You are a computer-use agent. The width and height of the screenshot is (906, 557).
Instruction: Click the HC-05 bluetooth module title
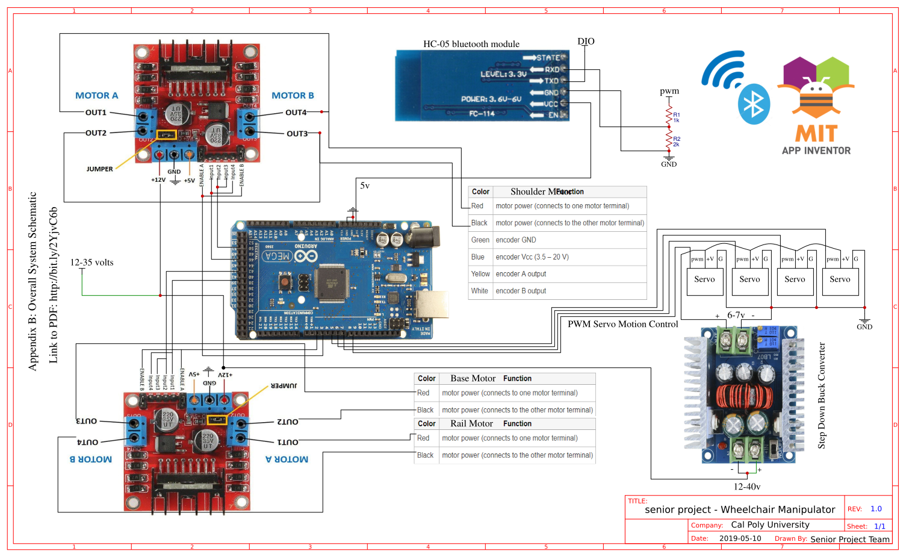coord(471,44)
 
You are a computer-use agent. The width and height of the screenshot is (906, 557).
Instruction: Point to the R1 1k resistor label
coord(677,117)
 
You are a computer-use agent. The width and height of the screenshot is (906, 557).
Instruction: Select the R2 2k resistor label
coord(677,142)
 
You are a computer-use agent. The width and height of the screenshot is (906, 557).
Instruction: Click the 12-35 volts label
coord(92,263)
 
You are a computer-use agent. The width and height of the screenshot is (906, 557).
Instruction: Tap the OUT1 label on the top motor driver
coord(96,113)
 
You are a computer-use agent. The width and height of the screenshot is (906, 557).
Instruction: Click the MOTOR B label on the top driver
coord(293,96)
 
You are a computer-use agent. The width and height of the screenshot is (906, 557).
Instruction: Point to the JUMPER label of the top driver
coord(99,169)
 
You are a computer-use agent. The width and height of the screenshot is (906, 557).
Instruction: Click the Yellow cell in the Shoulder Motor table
coord(480,274)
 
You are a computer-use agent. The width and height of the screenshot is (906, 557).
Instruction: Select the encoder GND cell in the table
coord(515,240)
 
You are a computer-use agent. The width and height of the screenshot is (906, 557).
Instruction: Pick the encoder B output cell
coord(521,291)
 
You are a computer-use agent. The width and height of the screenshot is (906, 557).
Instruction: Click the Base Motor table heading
coord(473,379)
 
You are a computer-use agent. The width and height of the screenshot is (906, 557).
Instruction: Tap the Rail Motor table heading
coord(471,424)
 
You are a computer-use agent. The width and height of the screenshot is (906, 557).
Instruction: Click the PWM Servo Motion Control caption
coord(622,324)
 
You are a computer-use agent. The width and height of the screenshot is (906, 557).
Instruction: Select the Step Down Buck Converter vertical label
coord(822,396)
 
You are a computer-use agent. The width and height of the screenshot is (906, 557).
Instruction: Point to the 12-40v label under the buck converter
coord(746,487)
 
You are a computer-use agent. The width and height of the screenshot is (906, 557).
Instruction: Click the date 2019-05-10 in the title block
coord(740,538)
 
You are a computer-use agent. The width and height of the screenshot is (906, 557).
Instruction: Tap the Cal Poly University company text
coord(770,525)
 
